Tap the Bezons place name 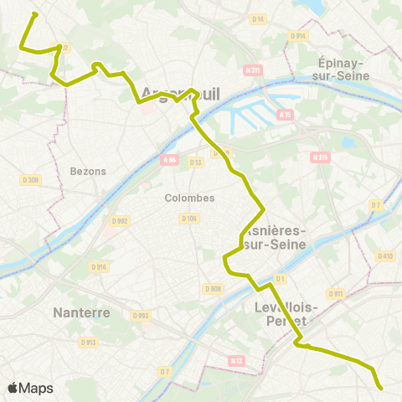pyautogui.click(x=89, y=171)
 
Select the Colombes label pyautogui.click(x=191, y=198)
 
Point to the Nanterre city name pyautogui.click(x=81, y=312)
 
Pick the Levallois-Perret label pyautogui.click(x=280, y=313)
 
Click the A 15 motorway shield pyautogui.click(x=285, y=114)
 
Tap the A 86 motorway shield pyautogui.click(x=170, y=158)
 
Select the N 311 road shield pyautogui.click(x=253, y=70)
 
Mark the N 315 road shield pyautogui.click(x=319, y=157)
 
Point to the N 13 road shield pyautogui.click(x=235, y=360)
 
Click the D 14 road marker pyautogui.click(x=258, y=18)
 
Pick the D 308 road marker pyautogui.click(x=30, y=179)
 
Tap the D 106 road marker pyautogui.click(x=188, y=219)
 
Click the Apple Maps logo pyautogui.click(x=30, y=388)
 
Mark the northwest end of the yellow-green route pyautogui.click(x=34, y=13)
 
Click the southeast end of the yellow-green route pyautogui.click(x=381, y=388)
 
